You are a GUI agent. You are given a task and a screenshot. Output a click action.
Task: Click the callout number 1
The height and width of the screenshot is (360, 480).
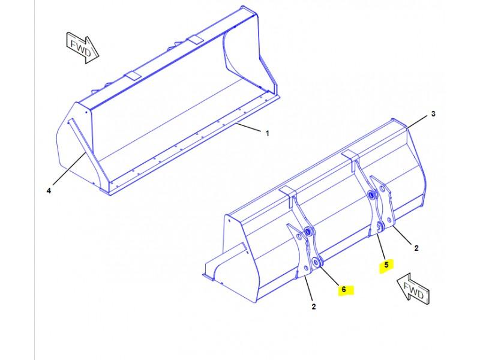pos(267,133)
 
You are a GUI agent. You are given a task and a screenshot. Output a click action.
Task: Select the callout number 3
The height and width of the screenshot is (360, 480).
pos(433,114)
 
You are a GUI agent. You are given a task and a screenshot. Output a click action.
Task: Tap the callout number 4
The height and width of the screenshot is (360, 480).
pos(49,191)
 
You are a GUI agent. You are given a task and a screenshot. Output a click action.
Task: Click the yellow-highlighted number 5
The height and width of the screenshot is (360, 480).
pos(386,265)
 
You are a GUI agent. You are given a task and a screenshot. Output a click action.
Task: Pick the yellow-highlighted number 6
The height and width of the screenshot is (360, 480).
pos(343,289)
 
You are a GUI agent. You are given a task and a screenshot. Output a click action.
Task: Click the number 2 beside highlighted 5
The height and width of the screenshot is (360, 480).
pos(416,248)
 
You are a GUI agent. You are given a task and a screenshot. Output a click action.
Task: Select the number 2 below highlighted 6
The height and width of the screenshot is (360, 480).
pos(313,307)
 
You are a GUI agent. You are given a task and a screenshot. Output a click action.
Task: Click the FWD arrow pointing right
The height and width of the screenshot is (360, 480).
pos(83,48)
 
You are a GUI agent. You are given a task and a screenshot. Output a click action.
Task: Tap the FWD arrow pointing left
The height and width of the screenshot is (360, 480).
pos(413,289)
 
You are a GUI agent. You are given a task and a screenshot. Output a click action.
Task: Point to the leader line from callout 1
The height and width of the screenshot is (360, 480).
pos(248,128)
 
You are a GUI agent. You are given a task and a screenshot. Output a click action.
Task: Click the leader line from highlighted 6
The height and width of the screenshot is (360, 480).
pos(329,276)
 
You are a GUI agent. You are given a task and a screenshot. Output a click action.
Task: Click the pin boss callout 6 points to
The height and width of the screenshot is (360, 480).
pos(316,262)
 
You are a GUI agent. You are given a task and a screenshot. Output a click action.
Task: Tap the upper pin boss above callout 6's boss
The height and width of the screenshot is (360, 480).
pos(308,232)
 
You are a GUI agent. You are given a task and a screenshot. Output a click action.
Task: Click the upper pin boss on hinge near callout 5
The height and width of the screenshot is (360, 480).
pos(373,194)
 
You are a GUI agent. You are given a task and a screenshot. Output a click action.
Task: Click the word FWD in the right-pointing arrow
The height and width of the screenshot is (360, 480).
pos(81,48)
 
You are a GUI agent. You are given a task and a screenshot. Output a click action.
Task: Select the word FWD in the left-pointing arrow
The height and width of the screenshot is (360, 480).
pos(413,290)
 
